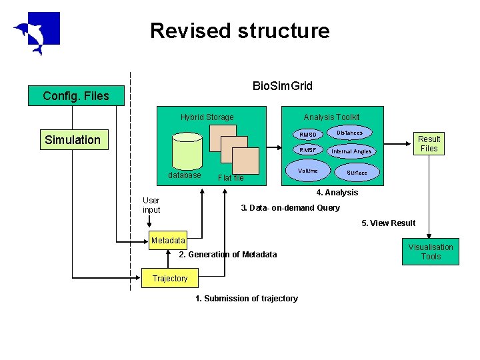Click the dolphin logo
[x=37, y=33]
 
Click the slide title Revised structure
[x=240, y=31]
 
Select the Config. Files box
[x=75, y=96]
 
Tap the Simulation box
[x=73, y=140]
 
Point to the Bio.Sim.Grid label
[x=283, y=86]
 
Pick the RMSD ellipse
[x=307, y=135]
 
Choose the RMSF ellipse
[x=307, y=150]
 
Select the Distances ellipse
[x=349, y=133]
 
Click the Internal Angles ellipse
[x=351, y=151]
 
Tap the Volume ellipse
[x=308, y=171]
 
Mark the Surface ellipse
[x=357, y=173]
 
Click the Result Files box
[x=429, y=143]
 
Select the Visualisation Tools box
[x=430, y=252]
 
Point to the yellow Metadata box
[x=168, y=241]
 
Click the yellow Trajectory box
[x=170, y=278]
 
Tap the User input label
[x=151, y=205]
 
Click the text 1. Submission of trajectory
[x=246, y=298]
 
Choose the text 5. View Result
[x=388, y=223]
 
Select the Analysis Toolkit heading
[x=331, y=117]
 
